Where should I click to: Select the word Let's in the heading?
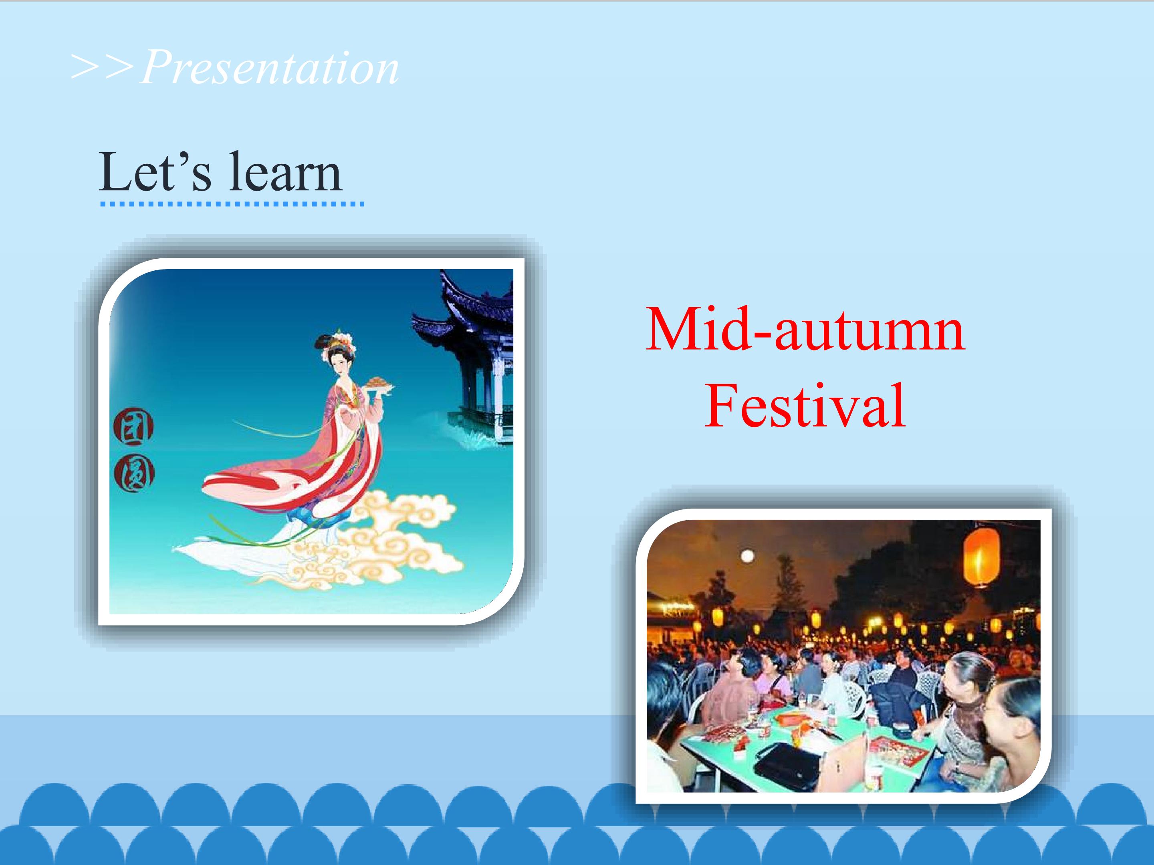point(155,171)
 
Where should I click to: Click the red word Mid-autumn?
point(805,330)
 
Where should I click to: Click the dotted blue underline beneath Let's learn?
point(232,204)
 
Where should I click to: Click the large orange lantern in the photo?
point(981,557)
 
